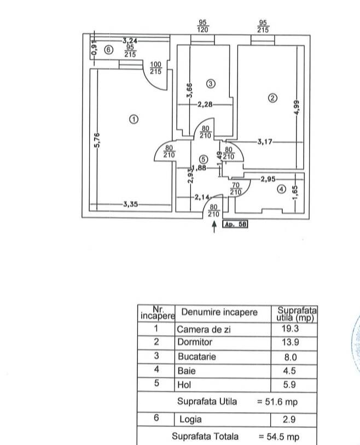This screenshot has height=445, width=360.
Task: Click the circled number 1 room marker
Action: point(133,119)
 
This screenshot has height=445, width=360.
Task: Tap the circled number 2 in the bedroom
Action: point(272,98)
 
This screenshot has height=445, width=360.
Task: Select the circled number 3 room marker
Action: point(211,84)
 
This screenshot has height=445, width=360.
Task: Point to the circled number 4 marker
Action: point(281,189)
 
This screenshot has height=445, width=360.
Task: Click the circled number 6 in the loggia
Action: point(108,50)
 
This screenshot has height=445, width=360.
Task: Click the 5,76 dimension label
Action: point(97,140)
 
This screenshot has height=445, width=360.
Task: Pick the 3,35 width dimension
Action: point(131,204)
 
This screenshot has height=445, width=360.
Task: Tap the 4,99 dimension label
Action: point(297,108)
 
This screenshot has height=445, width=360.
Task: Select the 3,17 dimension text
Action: point(265,142)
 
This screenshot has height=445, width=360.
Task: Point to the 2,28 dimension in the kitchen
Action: point(205,104)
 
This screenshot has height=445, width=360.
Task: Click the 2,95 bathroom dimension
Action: point(268,179)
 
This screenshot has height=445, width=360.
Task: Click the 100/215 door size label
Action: point(156,68)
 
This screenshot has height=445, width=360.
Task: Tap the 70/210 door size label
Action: point(236,189)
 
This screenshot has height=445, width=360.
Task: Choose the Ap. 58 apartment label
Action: point(235,224)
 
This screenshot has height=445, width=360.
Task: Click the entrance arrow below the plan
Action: point(214,227)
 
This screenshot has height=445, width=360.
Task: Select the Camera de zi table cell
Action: point(204,329)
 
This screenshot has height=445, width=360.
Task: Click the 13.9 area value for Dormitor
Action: point(291,342)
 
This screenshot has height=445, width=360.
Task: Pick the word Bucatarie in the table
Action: point(197,356)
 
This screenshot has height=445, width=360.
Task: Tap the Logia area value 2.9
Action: point(289,419)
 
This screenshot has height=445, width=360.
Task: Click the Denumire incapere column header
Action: point(219,312)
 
